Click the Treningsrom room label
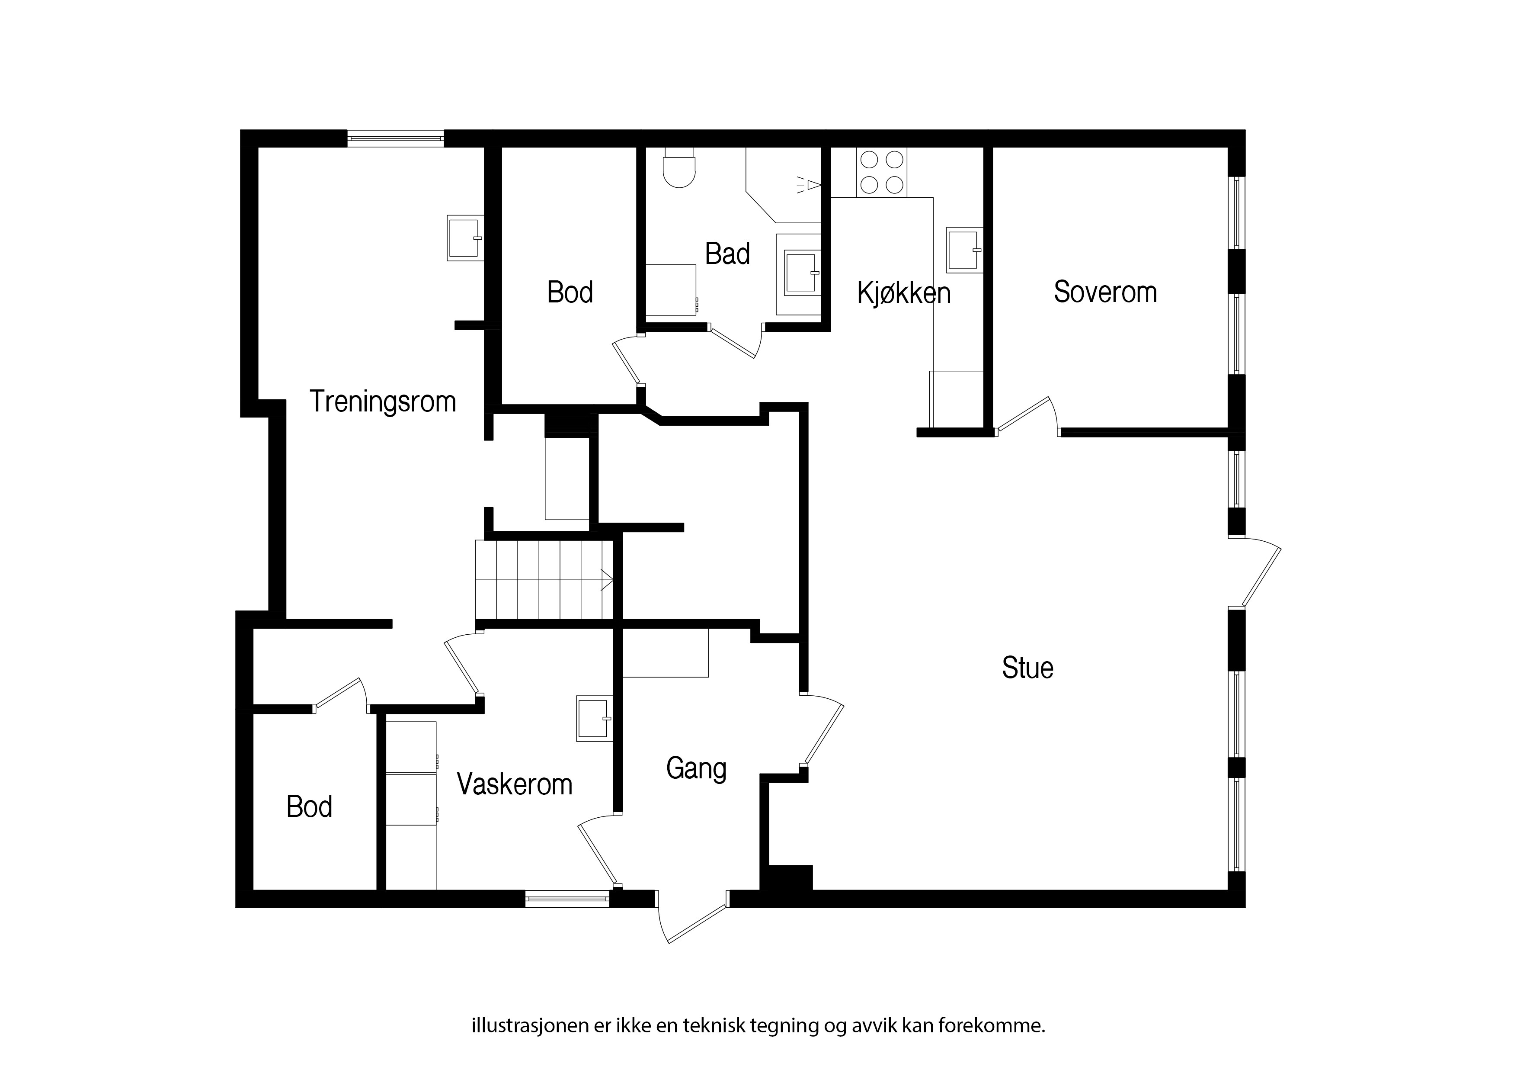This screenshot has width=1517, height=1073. click(383, 402)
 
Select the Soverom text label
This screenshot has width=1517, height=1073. click(1105, 292)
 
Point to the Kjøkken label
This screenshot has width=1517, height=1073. click(904, 293)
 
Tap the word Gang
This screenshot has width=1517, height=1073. click(696, 769)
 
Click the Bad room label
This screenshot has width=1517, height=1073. click(727, 254)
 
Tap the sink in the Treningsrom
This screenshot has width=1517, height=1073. click(465, 238)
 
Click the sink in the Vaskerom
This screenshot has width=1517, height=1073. click(594, 718)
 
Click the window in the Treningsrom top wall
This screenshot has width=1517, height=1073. click(396, 138)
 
